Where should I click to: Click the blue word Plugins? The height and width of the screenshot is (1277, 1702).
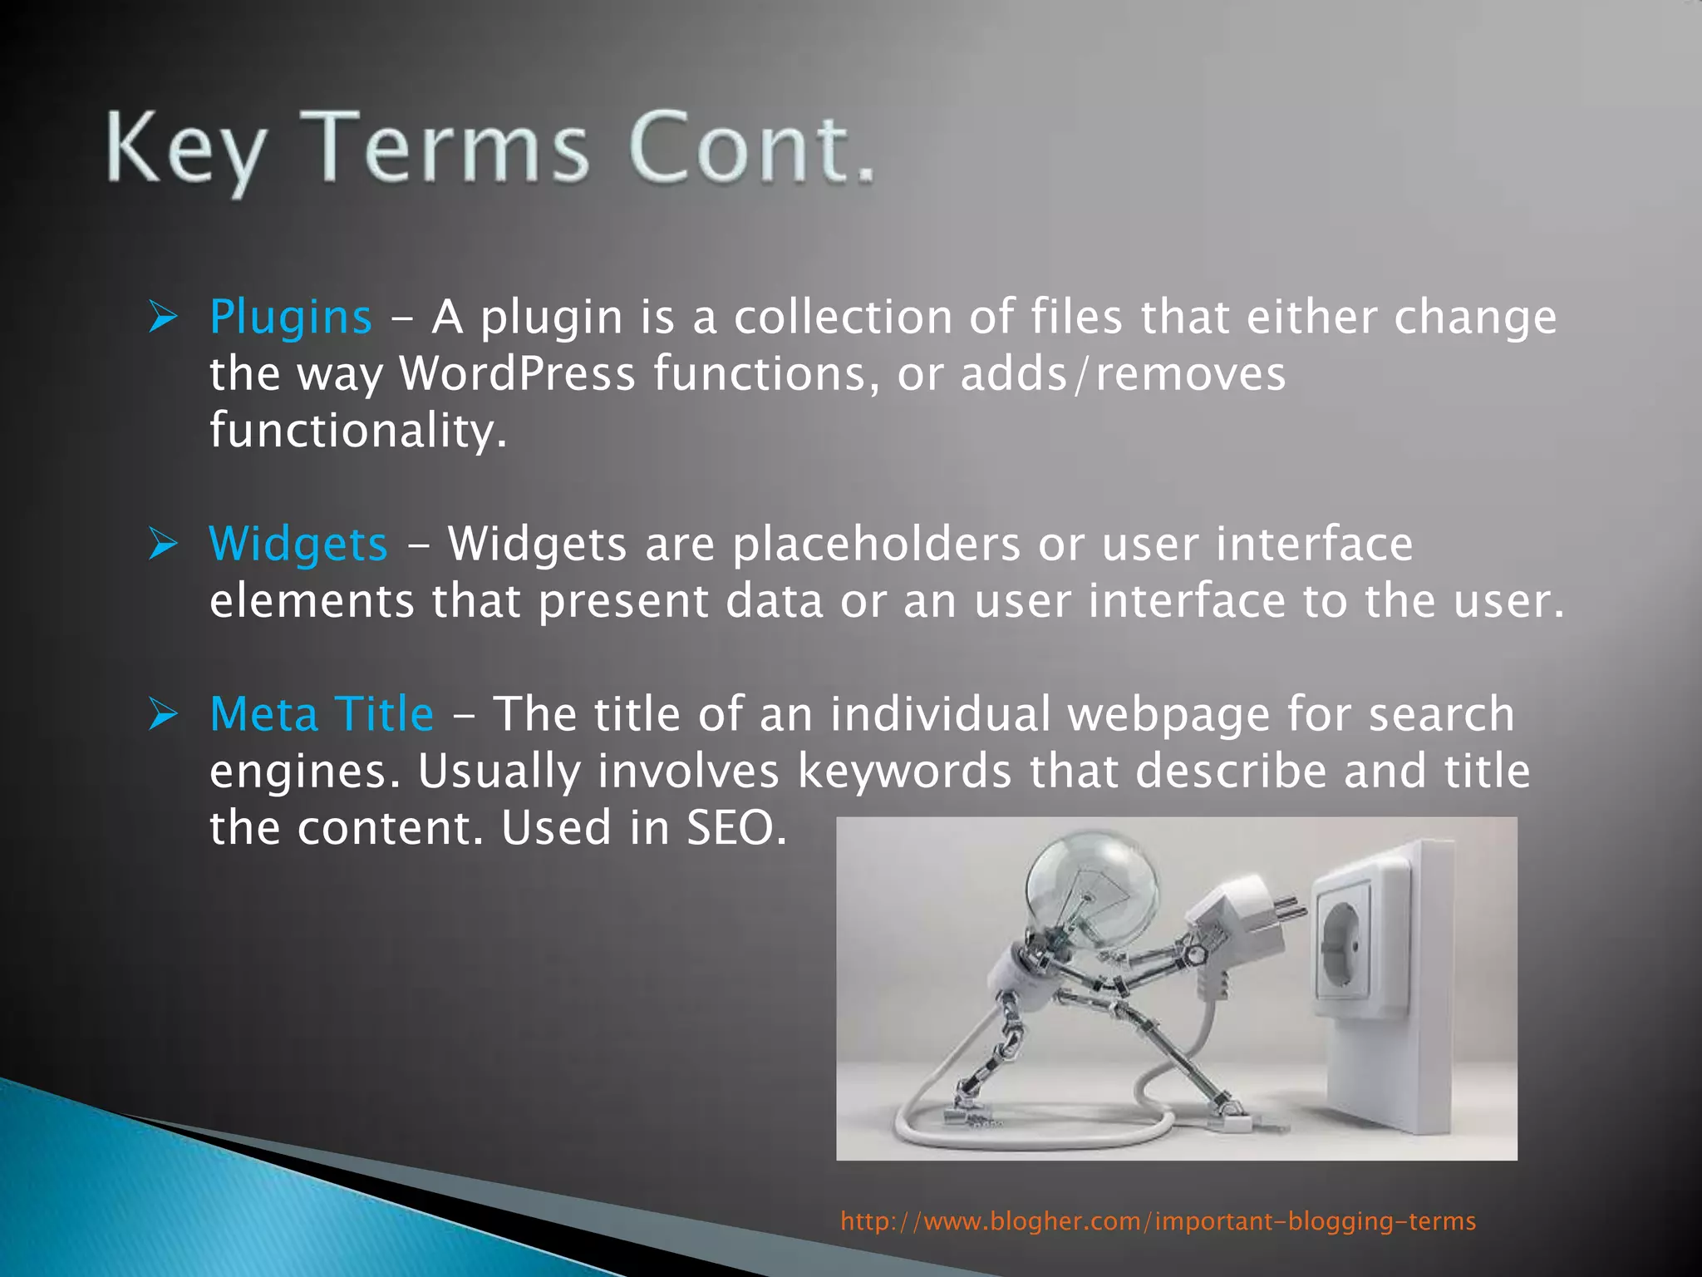290,318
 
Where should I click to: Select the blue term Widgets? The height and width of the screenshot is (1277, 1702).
298,545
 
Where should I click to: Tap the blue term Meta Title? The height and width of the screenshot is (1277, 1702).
322,715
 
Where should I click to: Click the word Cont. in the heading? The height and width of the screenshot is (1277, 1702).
752,149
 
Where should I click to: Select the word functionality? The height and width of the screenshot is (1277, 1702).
357,431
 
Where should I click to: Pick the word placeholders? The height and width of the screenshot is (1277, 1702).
876,545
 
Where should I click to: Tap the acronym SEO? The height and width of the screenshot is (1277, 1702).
735,828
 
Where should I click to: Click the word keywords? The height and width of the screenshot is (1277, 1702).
904,772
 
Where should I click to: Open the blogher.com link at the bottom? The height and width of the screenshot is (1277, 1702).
1158,1221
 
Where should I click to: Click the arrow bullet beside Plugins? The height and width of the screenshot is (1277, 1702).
163,318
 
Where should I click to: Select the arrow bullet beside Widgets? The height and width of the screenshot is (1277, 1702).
163,545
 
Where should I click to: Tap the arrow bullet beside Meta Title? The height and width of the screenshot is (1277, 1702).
163,715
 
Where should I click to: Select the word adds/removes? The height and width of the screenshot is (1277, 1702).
1123,374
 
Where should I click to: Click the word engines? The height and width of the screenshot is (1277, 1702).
304,772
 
